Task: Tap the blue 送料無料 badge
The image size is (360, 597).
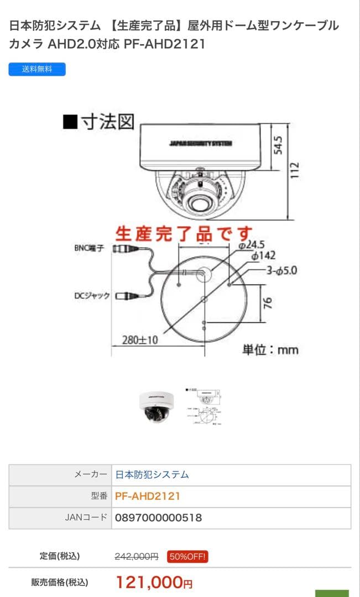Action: coord(37,70)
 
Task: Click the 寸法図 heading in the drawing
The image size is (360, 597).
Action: coord(99,122)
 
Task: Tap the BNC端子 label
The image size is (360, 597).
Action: coord(89,248)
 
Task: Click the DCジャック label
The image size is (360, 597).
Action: coord(92,296)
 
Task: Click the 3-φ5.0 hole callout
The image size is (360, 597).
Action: coord(282,270)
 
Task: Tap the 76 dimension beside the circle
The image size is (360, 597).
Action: coord(267,303)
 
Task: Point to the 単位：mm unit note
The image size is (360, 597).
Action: coord(270,349)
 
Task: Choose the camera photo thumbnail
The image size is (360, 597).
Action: coord(156,407)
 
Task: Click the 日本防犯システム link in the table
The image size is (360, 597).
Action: coord(152,474)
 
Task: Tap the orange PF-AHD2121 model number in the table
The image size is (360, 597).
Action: coord(148,496)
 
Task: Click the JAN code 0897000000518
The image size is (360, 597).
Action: coord(158,518)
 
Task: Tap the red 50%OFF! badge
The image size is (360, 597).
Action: coord(187,557)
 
